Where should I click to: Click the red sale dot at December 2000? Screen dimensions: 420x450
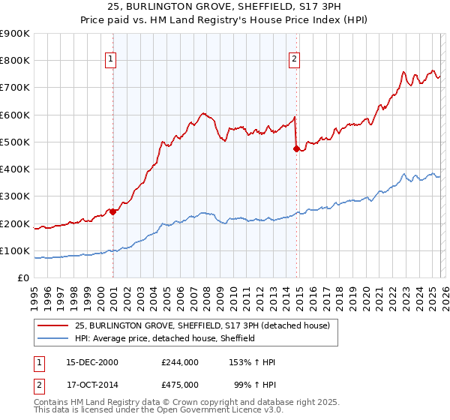pyautogui.click(x=112, y=211)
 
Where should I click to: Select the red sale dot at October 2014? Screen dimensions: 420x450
pyautogui.click(x=296, y=148)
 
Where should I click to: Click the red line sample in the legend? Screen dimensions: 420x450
pyautogui.click(x=53, y=325)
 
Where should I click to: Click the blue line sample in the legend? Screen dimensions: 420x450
pyautogui.click(x=53, y=338)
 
